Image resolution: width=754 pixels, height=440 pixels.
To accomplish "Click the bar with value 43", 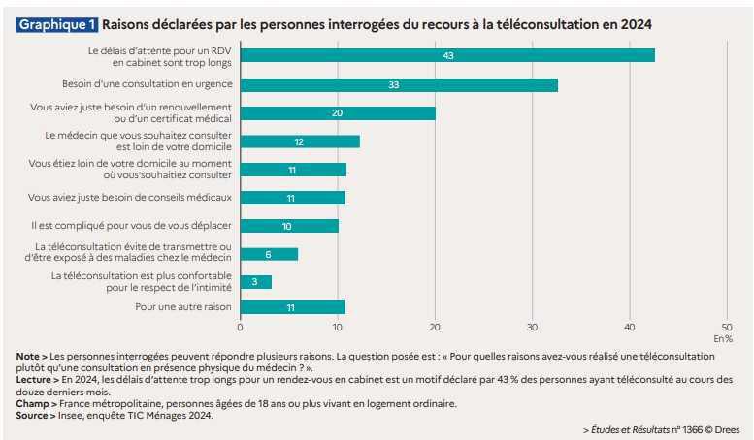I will [x=446, y=55].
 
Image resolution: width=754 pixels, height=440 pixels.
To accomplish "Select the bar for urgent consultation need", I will [x=398, y=85].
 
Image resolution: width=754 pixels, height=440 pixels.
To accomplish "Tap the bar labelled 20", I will [x=337, y=113].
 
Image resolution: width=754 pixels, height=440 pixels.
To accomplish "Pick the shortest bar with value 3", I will [x=255, y=282].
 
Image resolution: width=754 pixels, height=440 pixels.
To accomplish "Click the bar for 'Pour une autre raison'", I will [x=292, y=307].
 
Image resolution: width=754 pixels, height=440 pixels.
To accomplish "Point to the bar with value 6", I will [x=269, y=254].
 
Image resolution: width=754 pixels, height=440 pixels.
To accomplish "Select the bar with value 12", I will [x=299, y=141].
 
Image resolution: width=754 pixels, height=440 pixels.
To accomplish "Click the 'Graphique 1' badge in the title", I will [x=57, y=21].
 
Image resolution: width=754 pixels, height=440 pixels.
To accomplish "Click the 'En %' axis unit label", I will [x=724, y=339].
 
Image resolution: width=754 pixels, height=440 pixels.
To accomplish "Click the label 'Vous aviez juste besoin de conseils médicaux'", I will [x=131, y=198].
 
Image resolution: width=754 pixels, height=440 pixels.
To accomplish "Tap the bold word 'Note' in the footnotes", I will [x=28, y=357].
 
